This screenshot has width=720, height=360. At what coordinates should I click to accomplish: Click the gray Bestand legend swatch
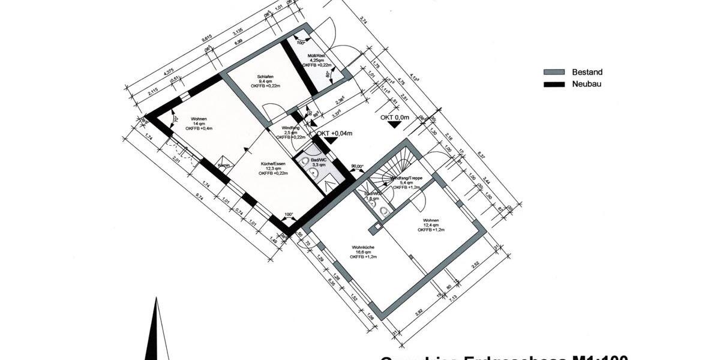(554, 72)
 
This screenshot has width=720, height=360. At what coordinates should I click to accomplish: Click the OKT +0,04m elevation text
(334, 133)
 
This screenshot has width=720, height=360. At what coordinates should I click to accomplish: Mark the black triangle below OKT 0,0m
(394, 126)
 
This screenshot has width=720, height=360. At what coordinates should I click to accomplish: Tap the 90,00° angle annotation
(358, 166)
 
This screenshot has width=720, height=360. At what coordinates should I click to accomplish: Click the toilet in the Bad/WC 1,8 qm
(384, 211)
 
